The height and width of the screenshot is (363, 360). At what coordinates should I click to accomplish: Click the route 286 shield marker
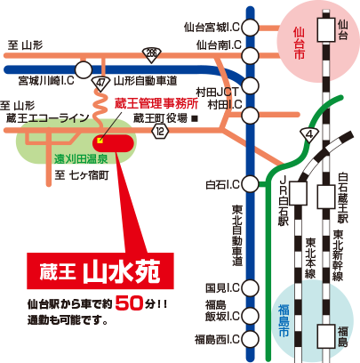tap(151, 54)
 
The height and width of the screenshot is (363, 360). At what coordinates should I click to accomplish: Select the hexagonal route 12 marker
tap(160, 131)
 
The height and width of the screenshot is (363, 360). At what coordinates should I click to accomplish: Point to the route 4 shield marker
tap(309, 135)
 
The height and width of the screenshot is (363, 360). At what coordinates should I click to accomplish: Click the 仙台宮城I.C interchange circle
tap(251, 28)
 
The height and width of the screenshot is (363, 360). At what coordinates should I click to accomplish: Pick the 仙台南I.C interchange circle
tap(251, 55)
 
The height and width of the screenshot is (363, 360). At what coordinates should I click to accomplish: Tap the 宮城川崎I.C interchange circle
tap(84, 70)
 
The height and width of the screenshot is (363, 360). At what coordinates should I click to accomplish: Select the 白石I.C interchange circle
tap(251, 184)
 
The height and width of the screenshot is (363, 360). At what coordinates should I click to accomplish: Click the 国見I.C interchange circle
tap(251, 287)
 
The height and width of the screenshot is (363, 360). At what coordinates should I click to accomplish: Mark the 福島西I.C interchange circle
tap(251, 339)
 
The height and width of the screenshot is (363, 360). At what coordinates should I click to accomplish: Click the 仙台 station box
tap(326, 29)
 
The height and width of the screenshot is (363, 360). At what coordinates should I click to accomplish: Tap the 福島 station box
tap(326, 336)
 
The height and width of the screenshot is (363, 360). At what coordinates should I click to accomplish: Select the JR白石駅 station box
tap(298, 193)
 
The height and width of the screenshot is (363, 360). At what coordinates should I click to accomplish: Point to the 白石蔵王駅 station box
tap(326, 197)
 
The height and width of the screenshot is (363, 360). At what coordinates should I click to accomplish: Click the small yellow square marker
tap(100, 141)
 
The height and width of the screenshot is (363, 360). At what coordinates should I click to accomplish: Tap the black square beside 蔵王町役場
tap(195, 118)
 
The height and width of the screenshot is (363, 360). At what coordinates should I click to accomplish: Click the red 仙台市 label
tap(299, 44)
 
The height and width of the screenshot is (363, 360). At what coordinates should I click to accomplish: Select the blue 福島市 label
tap(284, 321)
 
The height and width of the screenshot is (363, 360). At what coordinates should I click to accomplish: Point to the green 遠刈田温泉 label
tap(81, 159)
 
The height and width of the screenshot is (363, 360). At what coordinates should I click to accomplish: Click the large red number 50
tap(129, 303)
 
